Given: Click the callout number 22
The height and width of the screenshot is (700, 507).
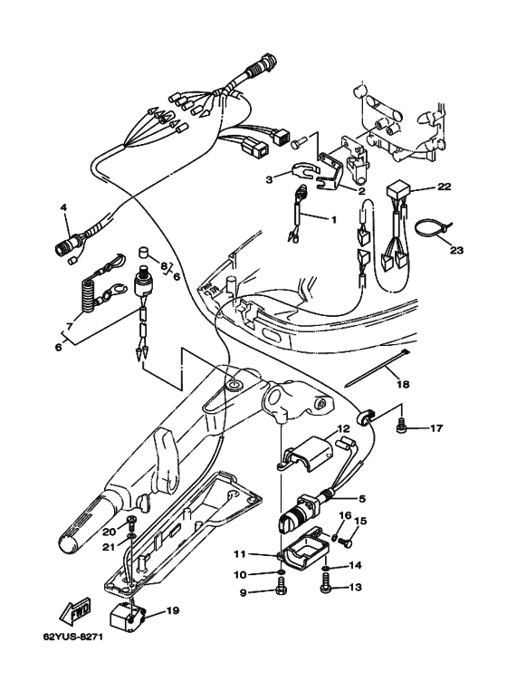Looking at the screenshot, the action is tap(444, 187).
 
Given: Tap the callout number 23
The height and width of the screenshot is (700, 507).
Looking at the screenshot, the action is tap(456, 251).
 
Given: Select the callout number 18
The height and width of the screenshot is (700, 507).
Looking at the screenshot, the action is tap(403, 384).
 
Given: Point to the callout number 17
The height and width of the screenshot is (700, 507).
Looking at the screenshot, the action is tap(436, 428).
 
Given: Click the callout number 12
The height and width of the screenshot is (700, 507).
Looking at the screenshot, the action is tap(343, 429).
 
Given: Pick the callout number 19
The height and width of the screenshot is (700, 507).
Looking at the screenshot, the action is tap(172, 610).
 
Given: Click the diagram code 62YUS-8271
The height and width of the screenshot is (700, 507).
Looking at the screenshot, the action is tap(72, 637).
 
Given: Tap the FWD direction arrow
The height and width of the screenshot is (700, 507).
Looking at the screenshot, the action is tap(75, 610).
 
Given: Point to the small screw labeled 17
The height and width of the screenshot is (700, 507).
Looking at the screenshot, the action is tap(401, 426).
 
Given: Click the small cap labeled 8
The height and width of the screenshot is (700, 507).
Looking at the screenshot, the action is tap(144, 252).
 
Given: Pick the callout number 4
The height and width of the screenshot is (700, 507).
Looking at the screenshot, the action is tap(63, 207).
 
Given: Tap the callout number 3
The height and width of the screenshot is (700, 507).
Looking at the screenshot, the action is tap(269, 179).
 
